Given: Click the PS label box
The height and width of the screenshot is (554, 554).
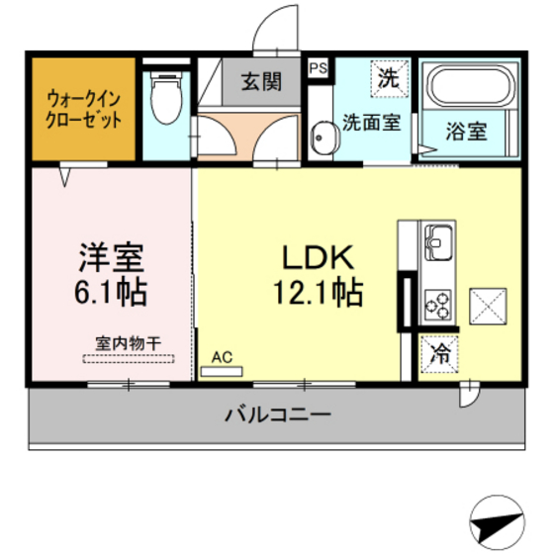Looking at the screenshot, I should (318, 68).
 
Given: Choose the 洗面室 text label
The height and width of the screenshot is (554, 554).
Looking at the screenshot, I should (372, 123).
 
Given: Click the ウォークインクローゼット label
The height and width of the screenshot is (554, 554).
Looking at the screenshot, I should (84, 109).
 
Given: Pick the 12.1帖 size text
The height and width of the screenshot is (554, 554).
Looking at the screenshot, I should (319, 293).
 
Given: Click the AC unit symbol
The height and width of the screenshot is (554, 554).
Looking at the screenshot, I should (222, 372).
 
